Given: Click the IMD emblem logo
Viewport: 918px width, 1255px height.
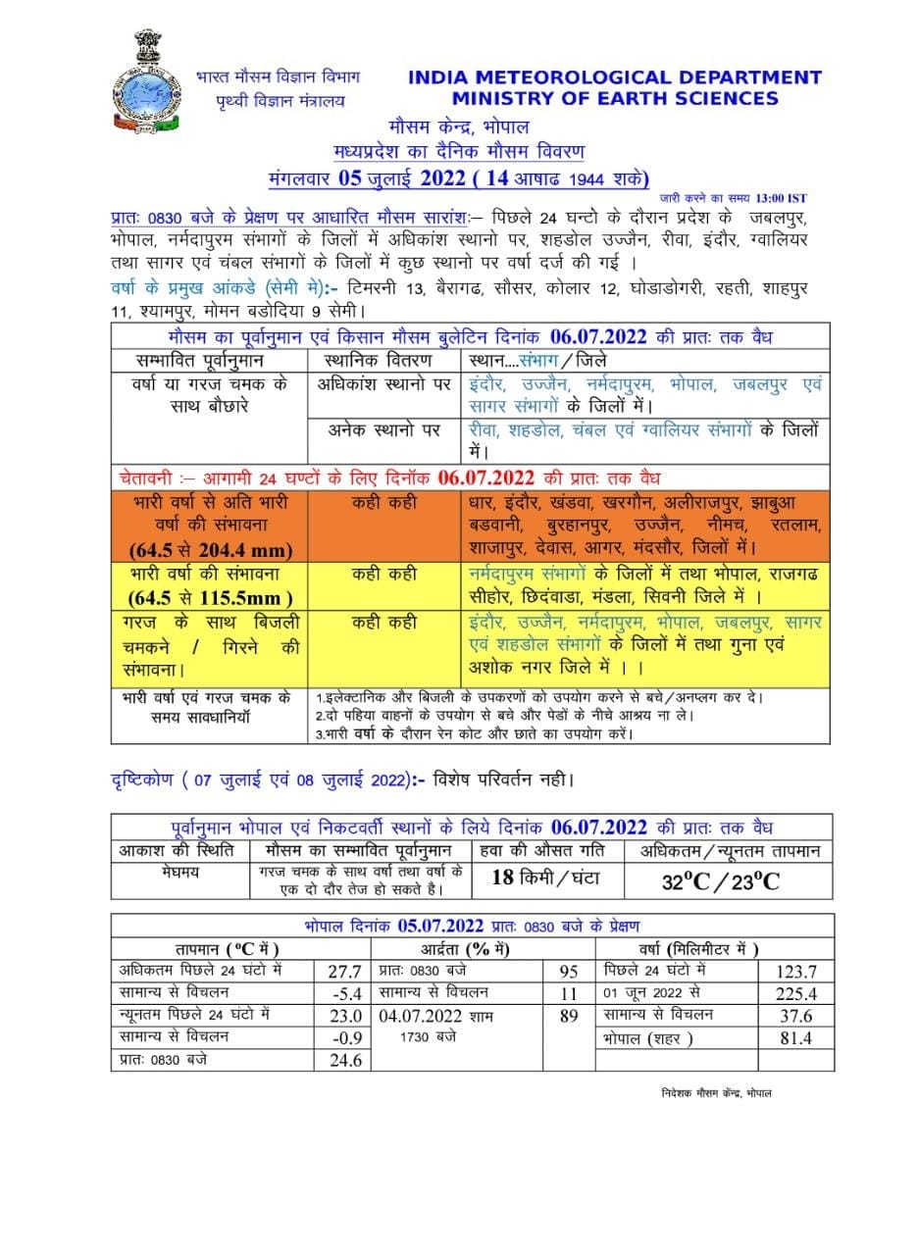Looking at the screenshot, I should [144, 82].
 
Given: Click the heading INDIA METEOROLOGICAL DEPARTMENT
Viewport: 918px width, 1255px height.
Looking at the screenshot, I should [614, 77].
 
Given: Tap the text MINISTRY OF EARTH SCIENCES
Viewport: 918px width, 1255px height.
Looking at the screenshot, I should [615, 98].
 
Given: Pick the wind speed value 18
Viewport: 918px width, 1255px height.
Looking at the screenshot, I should [502, 878].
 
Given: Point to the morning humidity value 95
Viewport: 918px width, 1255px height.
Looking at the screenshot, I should [569, 972].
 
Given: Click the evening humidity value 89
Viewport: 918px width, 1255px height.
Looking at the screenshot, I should [569, 1016].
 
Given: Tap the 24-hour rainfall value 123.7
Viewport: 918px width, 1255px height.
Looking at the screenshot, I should [797, 972].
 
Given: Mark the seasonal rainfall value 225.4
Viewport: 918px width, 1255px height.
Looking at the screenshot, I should [797, 993].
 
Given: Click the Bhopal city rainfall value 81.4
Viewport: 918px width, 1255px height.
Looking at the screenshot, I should [797, 1038].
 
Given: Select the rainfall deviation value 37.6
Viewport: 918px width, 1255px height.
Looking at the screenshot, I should [797, 1016].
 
